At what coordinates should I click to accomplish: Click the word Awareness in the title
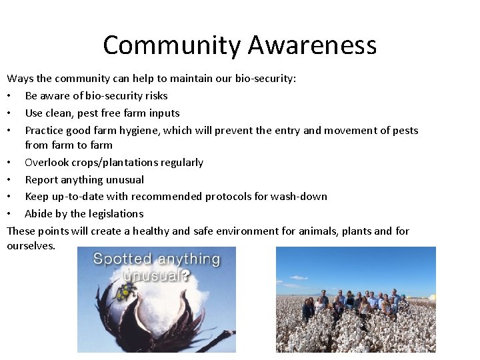point(312,45)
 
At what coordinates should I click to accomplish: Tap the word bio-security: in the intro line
point(265,79)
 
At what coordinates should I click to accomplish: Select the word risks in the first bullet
point(154,96)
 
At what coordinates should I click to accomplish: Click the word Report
point(42,180)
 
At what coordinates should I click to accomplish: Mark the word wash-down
point(304,197)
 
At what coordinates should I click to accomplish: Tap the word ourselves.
point(31,246)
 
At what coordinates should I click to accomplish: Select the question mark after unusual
point(186,275)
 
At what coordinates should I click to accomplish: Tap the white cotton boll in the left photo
point(160,300)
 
